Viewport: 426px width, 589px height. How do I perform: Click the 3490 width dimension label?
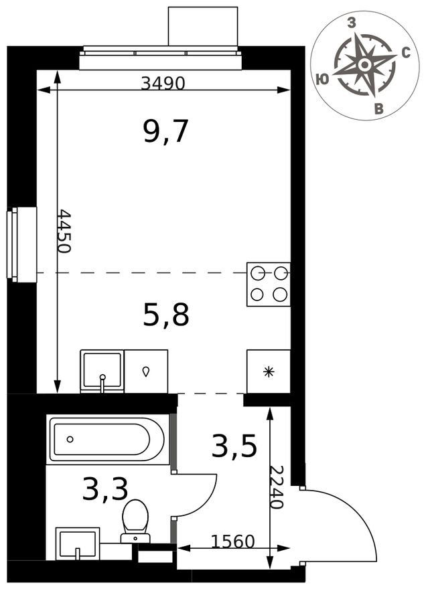click(x=163, y=83)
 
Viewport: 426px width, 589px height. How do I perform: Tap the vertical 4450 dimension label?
click(x=64, y=231)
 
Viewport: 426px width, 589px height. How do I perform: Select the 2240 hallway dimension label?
click(x=277, y=487)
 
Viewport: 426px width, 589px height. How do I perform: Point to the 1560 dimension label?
click(x=232, y=541)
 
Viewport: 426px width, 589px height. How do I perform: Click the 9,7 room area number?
click(x=165, y=131)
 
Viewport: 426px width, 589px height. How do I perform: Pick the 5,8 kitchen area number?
click(x=166, y=314)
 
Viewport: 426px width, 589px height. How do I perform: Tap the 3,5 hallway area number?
click(x=234, y=446)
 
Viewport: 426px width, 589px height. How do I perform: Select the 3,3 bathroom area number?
click(x=105, y=489)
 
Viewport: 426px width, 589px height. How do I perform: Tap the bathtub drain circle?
click(x=70, y=439)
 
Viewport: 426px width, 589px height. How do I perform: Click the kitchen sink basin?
click(x=102, y=370)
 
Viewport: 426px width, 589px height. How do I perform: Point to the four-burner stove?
click(x=269, y=284)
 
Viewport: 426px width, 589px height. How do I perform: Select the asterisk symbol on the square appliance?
click(x=269, y=372)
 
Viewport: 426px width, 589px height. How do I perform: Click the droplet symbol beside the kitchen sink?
click(x=145, y=372)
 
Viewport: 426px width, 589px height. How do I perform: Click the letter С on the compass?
click(x=406, y=54)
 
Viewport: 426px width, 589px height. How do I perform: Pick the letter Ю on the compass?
click(x=322, y=79)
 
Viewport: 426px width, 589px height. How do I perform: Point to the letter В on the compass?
click(x=379, y=109)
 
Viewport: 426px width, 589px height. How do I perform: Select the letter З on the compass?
click(x=352, y=23)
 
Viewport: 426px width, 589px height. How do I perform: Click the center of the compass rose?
click(x=364, y=65)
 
